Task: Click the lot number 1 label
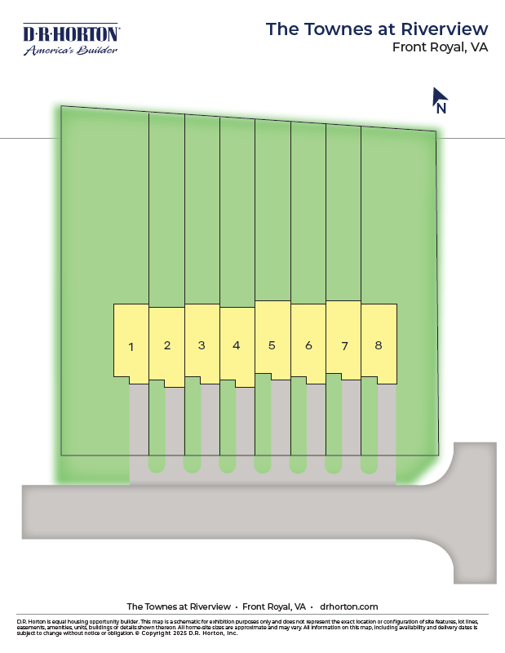pyautogui.click(x=131, y=347)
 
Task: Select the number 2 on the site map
pyautogui.click(x=166, y=345)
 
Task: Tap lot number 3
pyautogui.click(x=202, y=345)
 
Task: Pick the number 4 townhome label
pyautogui.click(x=237, y=345)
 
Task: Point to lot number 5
pyautogui.click(x=272, y=344)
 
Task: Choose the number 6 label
pyautogui.click(x=308, y=345)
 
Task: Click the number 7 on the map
pyautogui.click(x=344, y=346)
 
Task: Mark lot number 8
pyautogui.click(x=379, y=344)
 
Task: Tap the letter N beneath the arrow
pyautogui.click(x=441, y=108)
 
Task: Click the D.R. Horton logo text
pyautogui.click(x=71, y=34)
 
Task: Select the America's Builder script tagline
pyautogui.click(x=71, y=50)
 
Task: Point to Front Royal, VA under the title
pyautogui.click(x=440, y=47)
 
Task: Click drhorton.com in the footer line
pyautogui.click(x=349, y=606)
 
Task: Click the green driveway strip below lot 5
pyautogui.click(x=263, y=424)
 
